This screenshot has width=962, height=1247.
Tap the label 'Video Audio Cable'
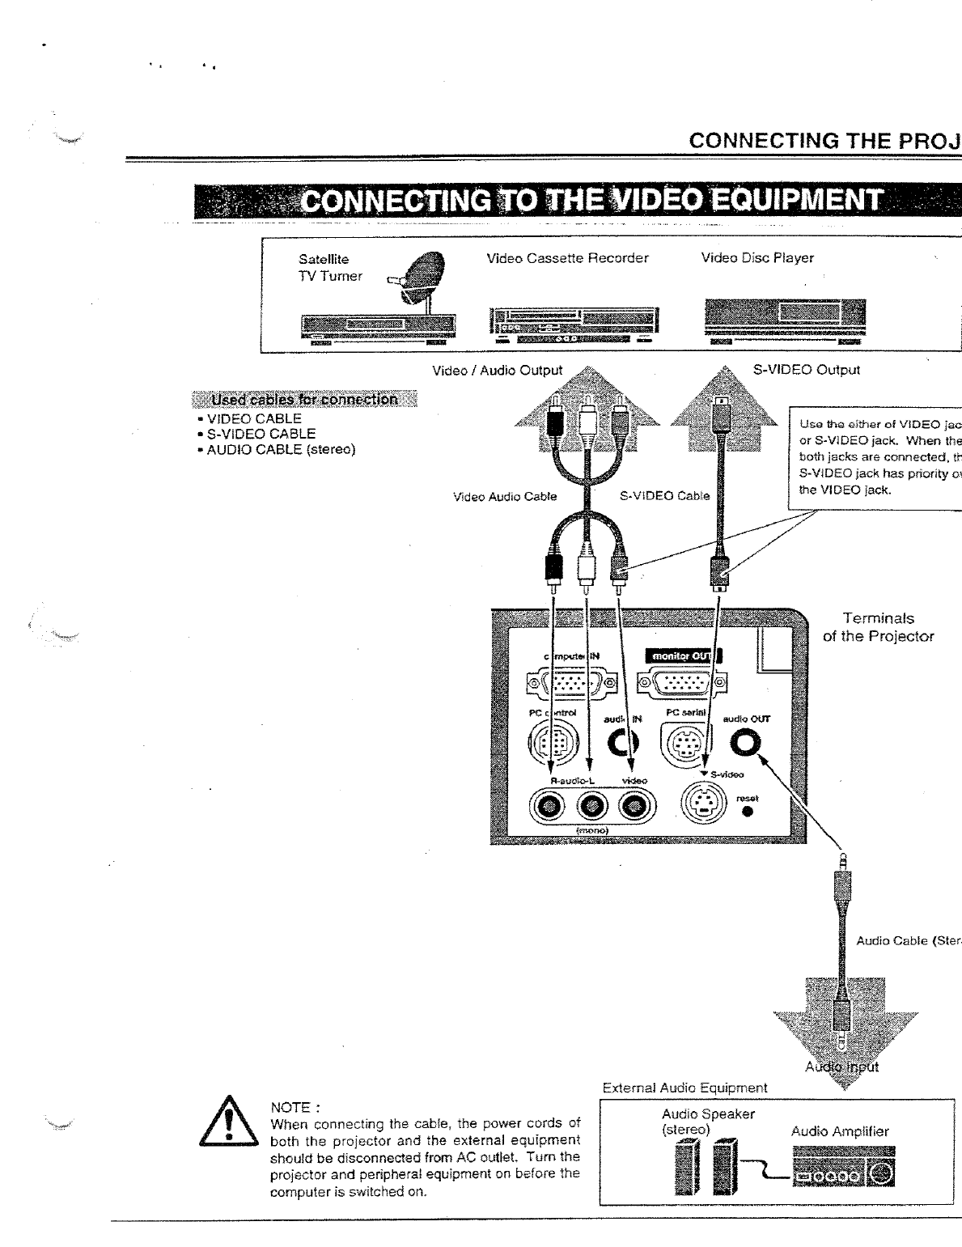pos(505,497)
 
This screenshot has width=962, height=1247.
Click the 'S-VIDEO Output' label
pos(806,370)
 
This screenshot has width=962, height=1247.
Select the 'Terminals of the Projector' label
pos(878,627)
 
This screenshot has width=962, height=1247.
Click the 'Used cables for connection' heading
pos(304,400)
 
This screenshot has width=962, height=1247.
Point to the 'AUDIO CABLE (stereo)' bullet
pos(281,449)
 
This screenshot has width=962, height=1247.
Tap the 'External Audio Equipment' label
pos(684,1088)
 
